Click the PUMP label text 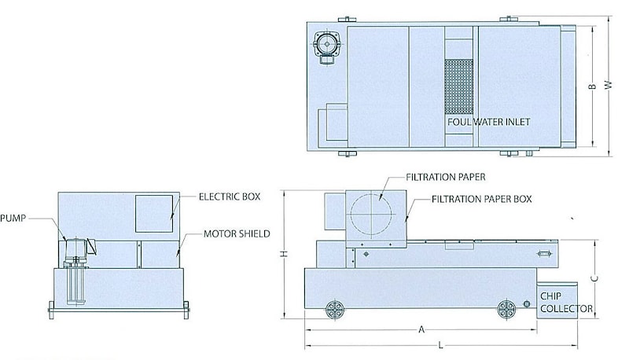pos(13,219)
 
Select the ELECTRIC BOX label pos(230,197)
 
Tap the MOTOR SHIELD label pos(237,233)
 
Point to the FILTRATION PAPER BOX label pos(481,199)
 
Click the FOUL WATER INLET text pos(488,122)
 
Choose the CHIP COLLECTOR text pos(566,303)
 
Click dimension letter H pos(284,254)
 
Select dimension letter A pos(421,329)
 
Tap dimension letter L pos(440,345)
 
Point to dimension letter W pos(609,85)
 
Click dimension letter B pos(593,86)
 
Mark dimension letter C pos(595,277)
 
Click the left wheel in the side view pos(335,310)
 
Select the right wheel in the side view pos(506,310)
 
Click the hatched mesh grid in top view pos(459,87)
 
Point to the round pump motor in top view pos(327,44)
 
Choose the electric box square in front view pos(154,214)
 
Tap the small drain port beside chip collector pos(527,304)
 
